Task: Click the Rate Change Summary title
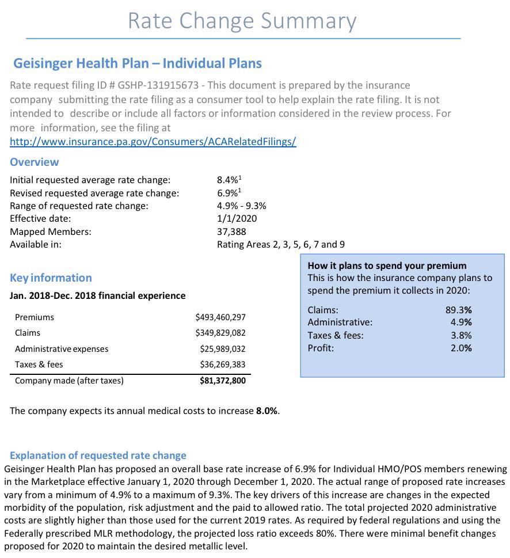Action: click(x=242, y=21)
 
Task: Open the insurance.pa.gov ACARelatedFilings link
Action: click(x=153, y=142)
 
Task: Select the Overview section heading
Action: click(x=34, y=162)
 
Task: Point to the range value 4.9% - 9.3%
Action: click(x=241, y=206)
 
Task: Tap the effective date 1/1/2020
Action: click(x=237, y=218)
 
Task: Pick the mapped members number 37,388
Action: click(x=231, y=231)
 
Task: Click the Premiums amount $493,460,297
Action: click(x=220, y=317)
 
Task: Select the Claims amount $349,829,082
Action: click(x=220, y=333)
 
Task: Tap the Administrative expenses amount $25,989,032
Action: click(x=223, y=349)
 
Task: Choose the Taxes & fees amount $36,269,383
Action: click(x=223, y=365)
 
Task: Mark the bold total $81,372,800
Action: click(x=222, y=381)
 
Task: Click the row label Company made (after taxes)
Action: click(x=69, y=381)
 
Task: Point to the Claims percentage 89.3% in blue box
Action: click(x=459, y=310)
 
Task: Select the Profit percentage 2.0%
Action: click(x=461, y=348)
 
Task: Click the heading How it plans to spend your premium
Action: click(x=387, y=265)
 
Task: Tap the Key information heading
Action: click(x=51, y=278)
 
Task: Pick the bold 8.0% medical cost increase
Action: click(x=267, y=411)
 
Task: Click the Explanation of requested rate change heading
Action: click(x=98, y=455)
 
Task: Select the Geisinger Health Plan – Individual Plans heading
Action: click(x=138, y=63)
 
